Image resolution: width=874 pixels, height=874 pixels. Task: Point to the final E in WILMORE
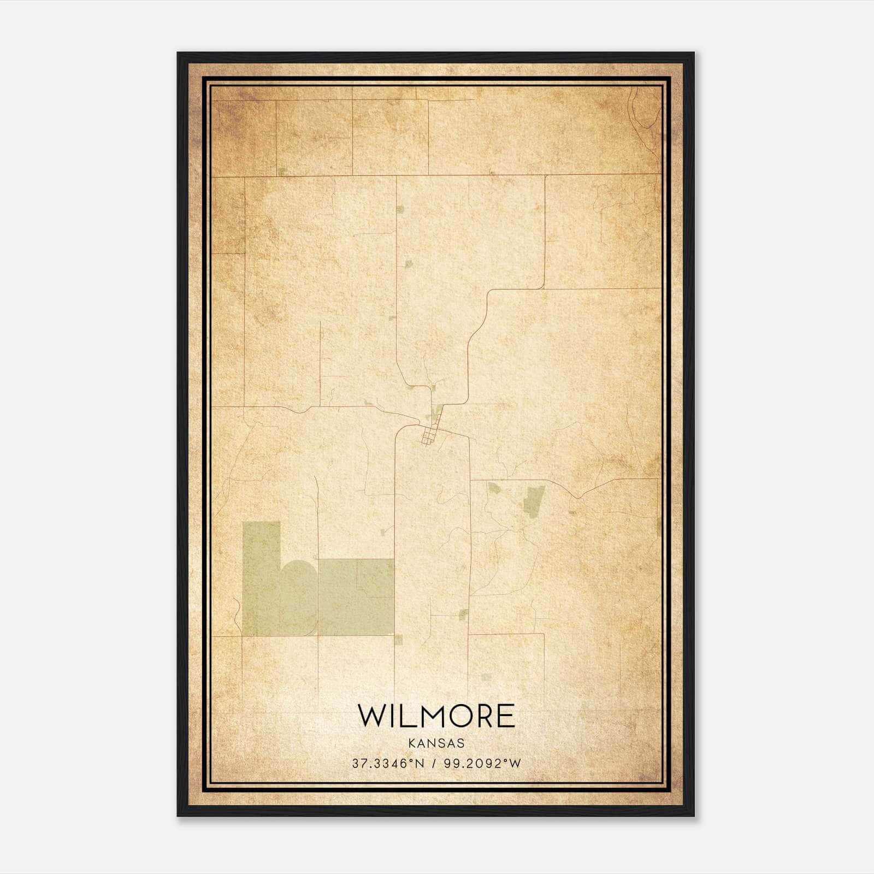click(x=506, y=716)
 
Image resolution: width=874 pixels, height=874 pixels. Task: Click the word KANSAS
click(x=435, y=743)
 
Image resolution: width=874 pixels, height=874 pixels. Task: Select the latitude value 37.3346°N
click(x=388, y=763)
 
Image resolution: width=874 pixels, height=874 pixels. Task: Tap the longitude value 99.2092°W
click(x=482, y=763)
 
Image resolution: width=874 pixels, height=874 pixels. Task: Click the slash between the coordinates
click(x=434, y=763)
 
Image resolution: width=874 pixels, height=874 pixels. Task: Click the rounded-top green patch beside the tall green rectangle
click(x=299, y=598)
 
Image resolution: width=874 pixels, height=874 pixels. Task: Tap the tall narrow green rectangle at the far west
click(x=261, y=579)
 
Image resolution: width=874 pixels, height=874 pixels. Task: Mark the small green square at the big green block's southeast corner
click(x=398, y=640)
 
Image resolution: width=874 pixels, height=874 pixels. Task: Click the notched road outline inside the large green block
click(x=375, y=578)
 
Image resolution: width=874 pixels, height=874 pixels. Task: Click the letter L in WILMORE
click(x=403, y=716)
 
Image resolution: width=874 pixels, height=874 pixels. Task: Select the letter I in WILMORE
click(x=389, y=716)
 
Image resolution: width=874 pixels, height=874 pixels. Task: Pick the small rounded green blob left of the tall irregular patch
click(x=494, y=488)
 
